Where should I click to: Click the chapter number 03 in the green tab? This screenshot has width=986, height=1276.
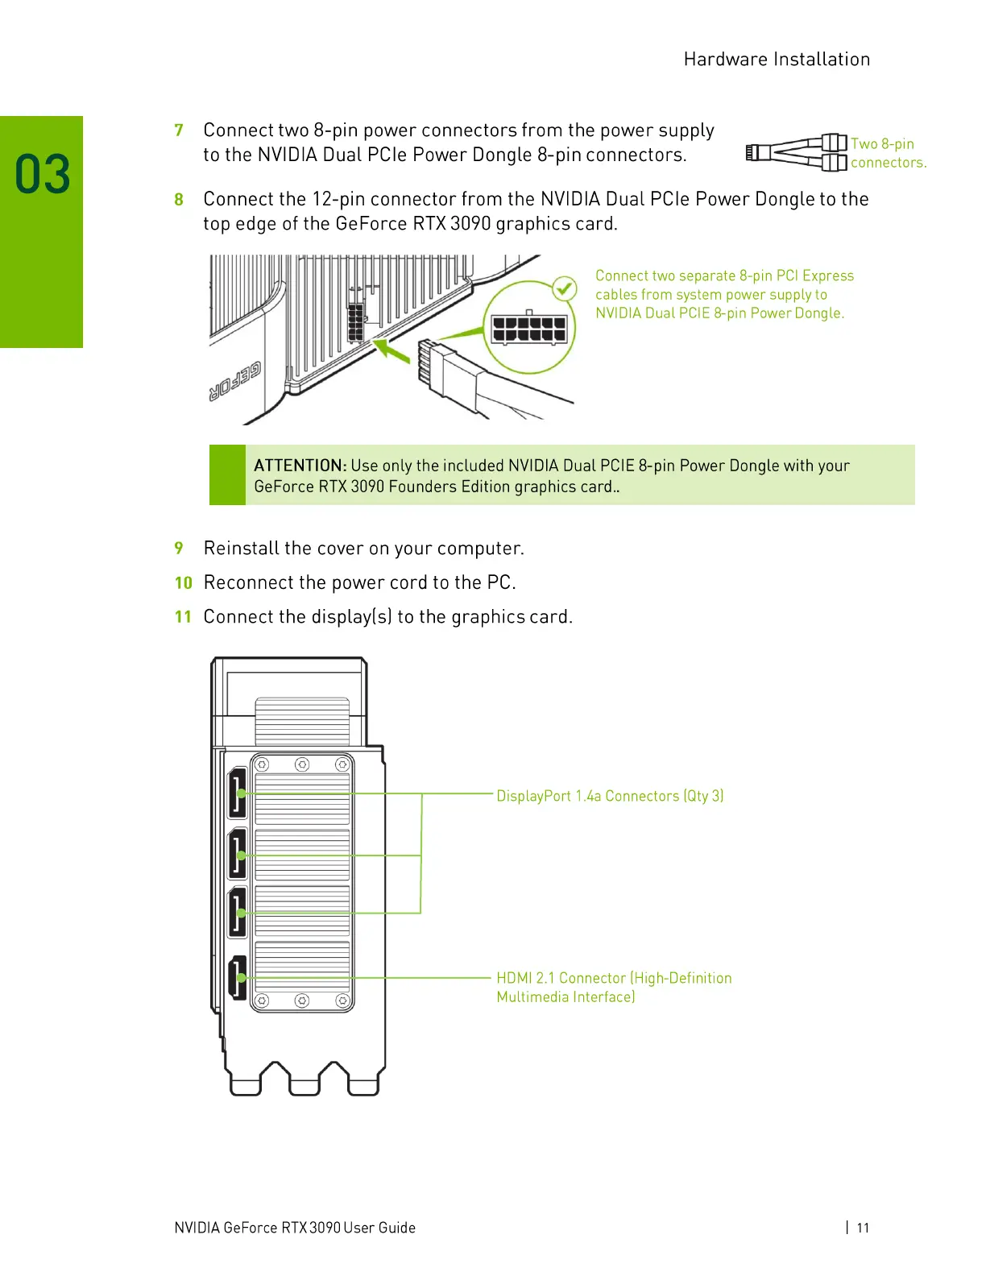point(43,175)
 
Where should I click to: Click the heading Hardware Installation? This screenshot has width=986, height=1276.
point(777,60)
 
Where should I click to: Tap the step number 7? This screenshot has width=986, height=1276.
point(179,130)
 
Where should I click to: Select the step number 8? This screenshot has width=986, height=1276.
point(179,200)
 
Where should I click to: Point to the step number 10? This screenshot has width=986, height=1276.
point(184,582)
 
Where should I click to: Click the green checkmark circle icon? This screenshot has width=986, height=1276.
point(565,288)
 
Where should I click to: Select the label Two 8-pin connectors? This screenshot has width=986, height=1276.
point(887,153)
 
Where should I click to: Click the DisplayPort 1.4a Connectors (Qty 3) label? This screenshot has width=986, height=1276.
point(610,796)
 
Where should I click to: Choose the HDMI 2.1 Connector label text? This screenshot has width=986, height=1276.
point(614,987)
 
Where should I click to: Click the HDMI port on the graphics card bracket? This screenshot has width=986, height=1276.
point(238,977)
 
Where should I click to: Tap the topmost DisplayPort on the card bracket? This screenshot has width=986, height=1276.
point(238,793)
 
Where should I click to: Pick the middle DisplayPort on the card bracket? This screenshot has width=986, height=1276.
point(238,854)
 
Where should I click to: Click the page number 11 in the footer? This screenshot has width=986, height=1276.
point(863,1228)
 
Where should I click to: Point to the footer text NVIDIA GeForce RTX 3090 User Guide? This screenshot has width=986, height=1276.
point(295,1228)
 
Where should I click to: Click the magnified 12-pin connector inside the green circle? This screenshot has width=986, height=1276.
point(529,328)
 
